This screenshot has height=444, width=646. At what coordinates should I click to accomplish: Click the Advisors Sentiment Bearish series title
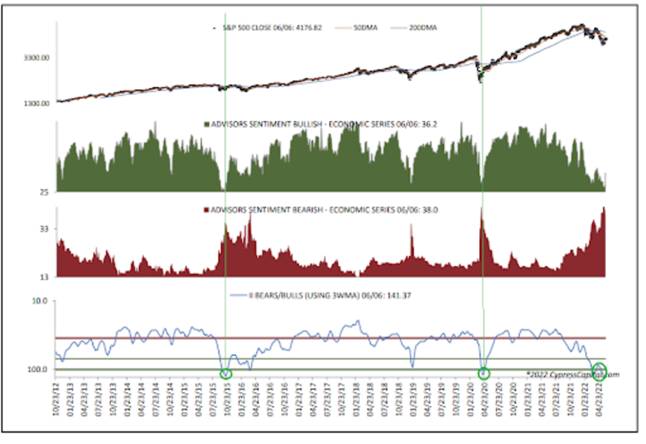pyautogui.click(x=318, y=210)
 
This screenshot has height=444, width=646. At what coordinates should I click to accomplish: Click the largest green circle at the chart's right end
pyautogui.click(x=599, y=371)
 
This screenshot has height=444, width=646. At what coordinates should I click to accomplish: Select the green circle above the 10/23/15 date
pyautogui.click(x=226, y=373)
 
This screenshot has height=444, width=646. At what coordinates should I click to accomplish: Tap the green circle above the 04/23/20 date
pyautogui.click(x=483, y=372)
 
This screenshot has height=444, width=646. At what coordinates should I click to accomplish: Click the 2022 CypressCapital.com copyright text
pyautogui.click(x=572, y=375)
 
